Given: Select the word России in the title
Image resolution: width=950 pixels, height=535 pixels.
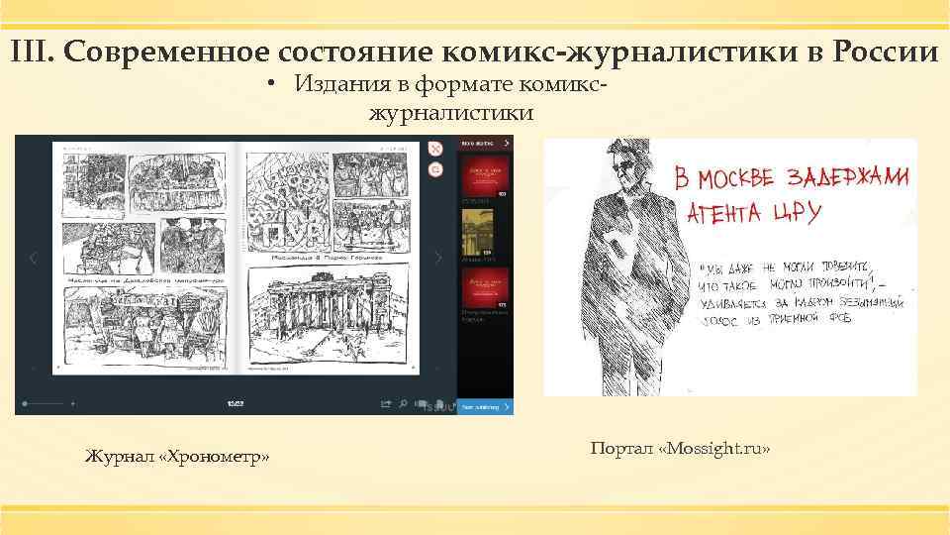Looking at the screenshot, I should [887, 52].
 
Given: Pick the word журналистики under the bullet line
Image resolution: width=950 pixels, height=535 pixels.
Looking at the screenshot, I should [451, 114].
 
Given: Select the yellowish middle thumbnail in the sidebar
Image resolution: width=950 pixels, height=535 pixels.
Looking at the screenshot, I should [484, 234].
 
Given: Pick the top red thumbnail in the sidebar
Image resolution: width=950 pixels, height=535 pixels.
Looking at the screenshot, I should [485, 174].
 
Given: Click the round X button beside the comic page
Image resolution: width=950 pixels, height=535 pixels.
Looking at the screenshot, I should [435, 149].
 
